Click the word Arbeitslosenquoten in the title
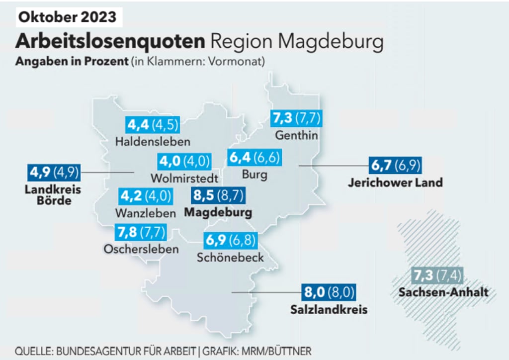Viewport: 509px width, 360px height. pyautogui.click(x=110, y=41)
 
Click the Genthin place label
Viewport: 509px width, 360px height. pyautogui.click(x=296, y=135)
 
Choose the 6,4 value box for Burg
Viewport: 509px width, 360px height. pyautogui.click(x=254, y=158)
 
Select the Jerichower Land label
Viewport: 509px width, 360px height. pyautogui.click(x=395, y=182)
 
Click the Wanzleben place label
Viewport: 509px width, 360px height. pyautogui.click(x=146, y=213)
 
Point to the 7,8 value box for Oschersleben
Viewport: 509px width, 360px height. pyautogui.click(x=141, y=232)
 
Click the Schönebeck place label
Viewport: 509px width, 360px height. pyautogui.click(x=230, y=258)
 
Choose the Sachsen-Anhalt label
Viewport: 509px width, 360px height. pyautogui.click(x=443, y=292)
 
